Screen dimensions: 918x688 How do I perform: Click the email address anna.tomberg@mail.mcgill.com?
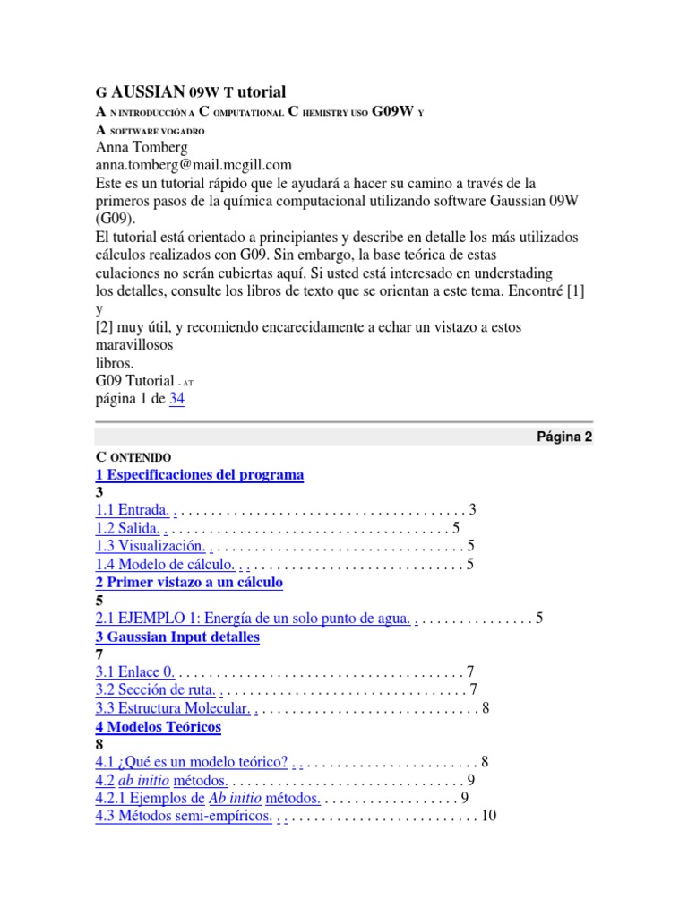click(193, 166)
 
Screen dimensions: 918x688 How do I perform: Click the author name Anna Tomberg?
click(142, 148)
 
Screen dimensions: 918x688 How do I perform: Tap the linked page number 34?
click(176, 399)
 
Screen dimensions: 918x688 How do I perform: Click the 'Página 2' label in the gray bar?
click(564, 437)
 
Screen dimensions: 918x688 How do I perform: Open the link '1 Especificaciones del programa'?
click(200, 475)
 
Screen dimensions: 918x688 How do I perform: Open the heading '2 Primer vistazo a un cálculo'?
click(189, 583)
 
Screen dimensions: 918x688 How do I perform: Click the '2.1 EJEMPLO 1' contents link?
click(253, 619)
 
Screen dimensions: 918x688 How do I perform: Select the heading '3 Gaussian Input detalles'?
click(177, 637)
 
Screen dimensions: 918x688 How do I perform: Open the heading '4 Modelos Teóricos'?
click(158, 727)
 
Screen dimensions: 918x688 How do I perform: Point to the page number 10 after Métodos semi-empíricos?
click(489, 817)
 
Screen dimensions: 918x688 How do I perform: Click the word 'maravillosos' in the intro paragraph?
click(134, 345)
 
